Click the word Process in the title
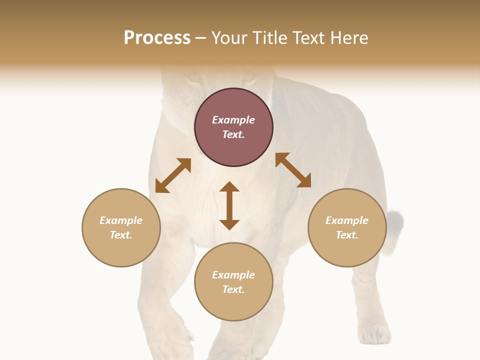157,38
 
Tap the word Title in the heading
267,38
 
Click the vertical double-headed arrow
229,205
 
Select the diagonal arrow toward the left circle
173,175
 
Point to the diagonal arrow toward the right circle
293,170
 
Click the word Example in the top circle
233,120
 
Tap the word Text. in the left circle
121,235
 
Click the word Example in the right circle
347,220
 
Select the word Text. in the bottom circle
233,289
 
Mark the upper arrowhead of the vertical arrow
229,187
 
